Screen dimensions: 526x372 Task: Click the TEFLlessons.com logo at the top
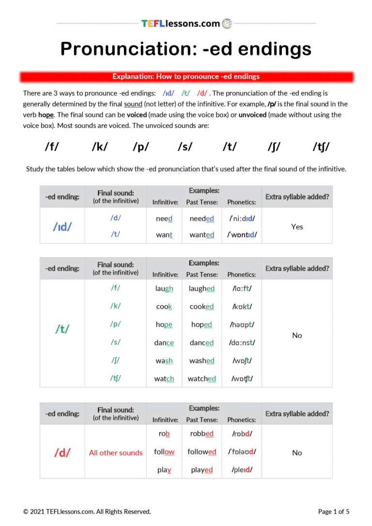pyautogui.click(x=186, y=23)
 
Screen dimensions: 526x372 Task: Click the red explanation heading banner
pyautogui.click(x=186, y=77)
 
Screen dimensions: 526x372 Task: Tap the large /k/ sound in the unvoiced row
pyautogui.click(x=100, y=147)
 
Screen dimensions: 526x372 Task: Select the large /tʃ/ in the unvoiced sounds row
pyautogui.click(x=321, y=147)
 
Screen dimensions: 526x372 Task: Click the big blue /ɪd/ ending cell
pyautogui.click(x=62, y=226)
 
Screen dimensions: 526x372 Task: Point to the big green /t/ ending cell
pyautogui.click(x=62, y=329)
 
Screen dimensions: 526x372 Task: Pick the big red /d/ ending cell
pyautogui.click(x=62, y=453)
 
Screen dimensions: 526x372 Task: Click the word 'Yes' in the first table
pyautogui.click(x=297, y=227)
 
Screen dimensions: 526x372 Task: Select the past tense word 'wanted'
pyautogui.click(x=202, y=235)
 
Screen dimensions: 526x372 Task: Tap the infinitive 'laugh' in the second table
pyautogui.click(x=164, y=289)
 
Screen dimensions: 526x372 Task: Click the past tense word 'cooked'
pyautogui.click(x=201, y=307)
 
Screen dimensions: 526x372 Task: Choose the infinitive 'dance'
pyautogui.click(x=164, y=343)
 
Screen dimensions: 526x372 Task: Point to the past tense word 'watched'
pyautogui.click(x=202, y=379)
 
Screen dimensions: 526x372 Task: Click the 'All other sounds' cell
pyautogui.click(x=116, y=453)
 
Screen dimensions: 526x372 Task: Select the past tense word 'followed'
pyautogui.click(x=202, y=452)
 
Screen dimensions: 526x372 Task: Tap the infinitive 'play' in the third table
pyautogui.click(x=164, y=470)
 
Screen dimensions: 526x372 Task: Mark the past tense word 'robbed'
pyautogui.click(x=202, y=434)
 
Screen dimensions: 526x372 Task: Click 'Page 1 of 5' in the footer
pyautogui.click(x=333, y=511)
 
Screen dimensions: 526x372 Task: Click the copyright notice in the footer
pyautogui.click(x=87, y=511)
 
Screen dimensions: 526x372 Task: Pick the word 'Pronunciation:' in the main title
pyautogui.click(x=126, y=49)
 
